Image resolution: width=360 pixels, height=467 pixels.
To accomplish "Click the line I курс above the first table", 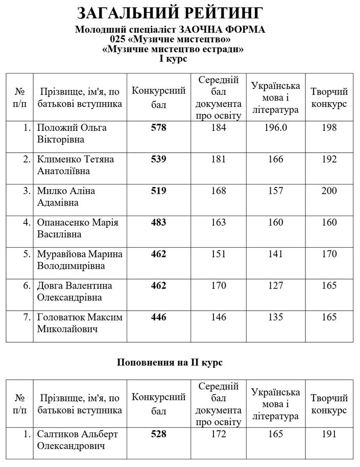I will coord(173,59).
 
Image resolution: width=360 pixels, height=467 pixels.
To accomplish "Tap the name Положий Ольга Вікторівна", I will coord(72,133).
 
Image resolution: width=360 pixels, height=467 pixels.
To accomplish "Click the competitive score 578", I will coord(159,128).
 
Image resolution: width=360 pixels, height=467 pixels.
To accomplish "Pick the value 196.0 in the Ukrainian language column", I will coord(275,128).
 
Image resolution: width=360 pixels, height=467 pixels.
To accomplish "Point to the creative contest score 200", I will coord(329,191).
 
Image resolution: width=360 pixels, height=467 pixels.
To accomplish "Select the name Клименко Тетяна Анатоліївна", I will coord(76,165).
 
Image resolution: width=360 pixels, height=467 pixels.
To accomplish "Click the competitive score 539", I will coord(159,159).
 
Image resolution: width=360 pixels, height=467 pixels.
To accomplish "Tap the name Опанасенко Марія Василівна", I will coord(78,228).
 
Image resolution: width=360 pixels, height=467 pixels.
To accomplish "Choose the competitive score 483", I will coord(159,223).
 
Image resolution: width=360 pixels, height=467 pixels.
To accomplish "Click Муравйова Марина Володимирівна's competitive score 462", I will coord(159,254).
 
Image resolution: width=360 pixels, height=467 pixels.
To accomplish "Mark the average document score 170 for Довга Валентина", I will coord(219,286).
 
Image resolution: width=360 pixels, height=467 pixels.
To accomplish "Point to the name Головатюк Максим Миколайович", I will coord(80,323).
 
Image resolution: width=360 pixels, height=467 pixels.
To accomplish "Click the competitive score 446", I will coord(159,318).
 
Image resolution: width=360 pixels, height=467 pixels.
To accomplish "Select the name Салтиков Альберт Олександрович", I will coord(78,440).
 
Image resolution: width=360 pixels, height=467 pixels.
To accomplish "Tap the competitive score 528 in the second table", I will coord(159,434).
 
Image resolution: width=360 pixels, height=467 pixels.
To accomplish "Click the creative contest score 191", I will coord(329,434).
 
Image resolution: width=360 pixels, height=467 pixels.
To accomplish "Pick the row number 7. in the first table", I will coord(27,318).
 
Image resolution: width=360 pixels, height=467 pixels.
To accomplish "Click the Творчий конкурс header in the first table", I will coord(329,98).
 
